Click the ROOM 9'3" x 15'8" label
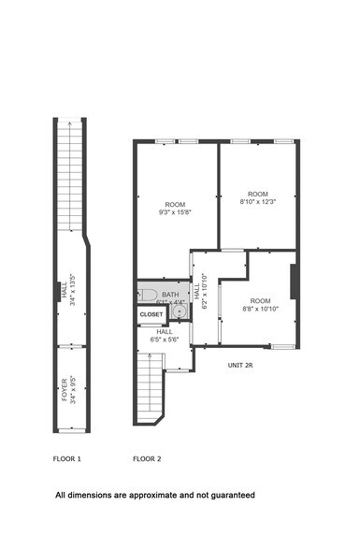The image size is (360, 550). pos(175,210)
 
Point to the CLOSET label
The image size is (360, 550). pos(151,315)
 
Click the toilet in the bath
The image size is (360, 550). pos(148,296)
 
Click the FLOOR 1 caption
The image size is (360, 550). pos(67,459)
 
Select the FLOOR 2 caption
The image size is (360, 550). pos(147,459)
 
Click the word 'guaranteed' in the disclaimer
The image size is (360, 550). pos(231,495)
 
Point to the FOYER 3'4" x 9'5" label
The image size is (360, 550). pos(66,389)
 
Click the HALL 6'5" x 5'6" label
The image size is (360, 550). pos(165,335)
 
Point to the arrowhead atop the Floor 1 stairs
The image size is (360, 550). pos(66,123)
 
